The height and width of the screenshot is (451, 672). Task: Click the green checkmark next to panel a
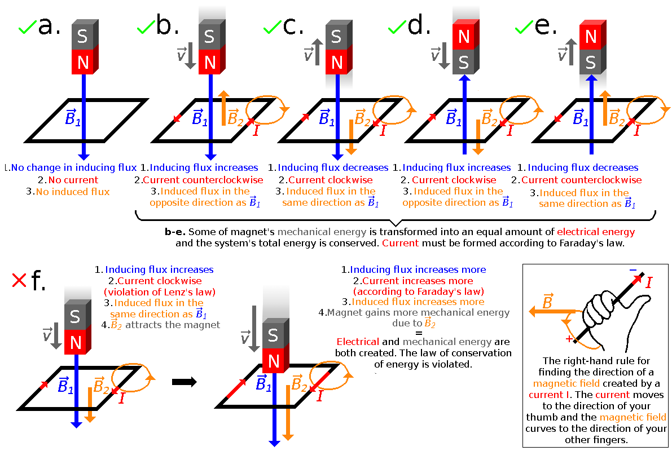(27, 26)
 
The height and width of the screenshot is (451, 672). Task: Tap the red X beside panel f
(19, 280)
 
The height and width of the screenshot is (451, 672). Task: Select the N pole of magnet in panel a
(84, 61)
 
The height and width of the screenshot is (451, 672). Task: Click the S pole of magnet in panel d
(464, 61)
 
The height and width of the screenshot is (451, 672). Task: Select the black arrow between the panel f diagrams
(184, 382)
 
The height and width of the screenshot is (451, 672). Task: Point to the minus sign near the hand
(633, 271)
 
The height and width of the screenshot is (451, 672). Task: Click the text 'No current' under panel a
(73, 180)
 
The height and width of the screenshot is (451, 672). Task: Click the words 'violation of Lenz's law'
(160, 292)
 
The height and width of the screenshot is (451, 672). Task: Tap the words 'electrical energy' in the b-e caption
(595, 232)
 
